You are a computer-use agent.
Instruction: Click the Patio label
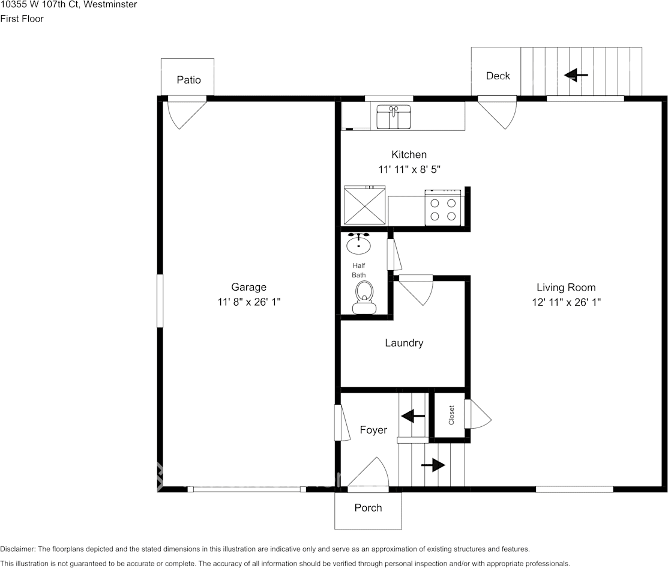pos(188,80)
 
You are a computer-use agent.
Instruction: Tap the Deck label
pos(498,76)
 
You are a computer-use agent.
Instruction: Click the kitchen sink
pos(393,117)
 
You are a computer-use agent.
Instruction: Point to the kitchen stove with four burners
pos(443,208)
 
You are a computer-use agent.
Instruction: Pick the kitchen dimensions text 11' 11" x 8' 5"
pos(409,170)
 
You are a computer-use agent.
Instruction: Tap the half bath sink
pos(359,244)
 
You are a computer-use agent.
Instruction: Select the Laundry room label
pos(404,343)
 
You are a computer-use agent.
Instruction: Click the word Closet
pos(452,415)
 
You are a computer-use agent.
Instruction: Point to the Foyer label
pos(373,430)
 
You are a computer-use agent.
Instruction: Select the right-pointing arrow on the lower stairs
pos(433,465)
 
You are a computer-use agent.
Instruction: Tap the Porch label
pos(368,508)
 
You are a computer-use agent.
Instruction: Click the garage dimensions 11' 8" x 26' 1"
pos(249,303)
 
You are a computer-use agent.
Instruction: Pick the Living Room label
pos(566,288)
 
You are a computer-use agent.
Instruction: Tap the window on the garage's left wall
pos(160,300)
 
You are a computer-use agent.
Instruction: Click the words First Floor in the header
pos(22,19)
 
